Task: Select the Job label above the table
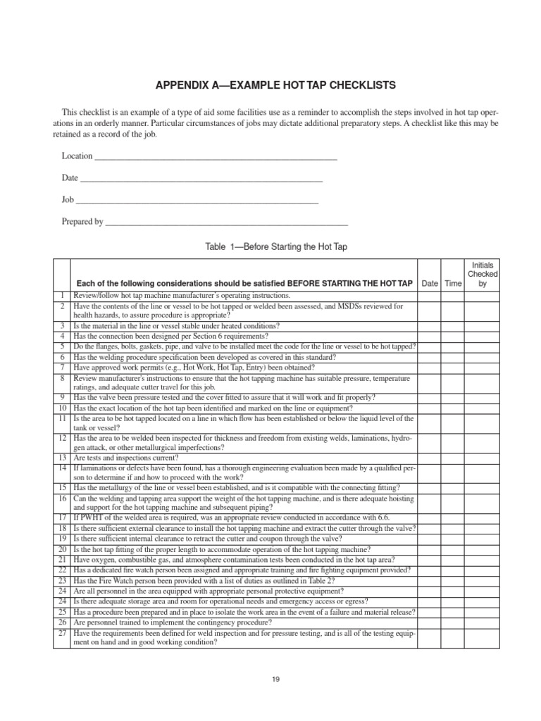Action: [x=68, y=200]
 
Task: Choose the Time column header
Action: [x=453, y=283]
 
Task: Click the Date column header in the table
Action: [x=429, y=283]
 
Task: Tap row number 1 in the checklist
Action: [x=62, y=296]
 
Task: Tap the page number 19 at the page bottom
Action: [x=276, y=679]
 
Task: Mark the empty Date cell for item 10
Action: [x=429, y=408]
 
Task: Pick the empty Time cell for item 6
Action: [x=453, y=357]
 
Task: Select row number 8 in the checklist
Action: [x=62, y=378]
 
